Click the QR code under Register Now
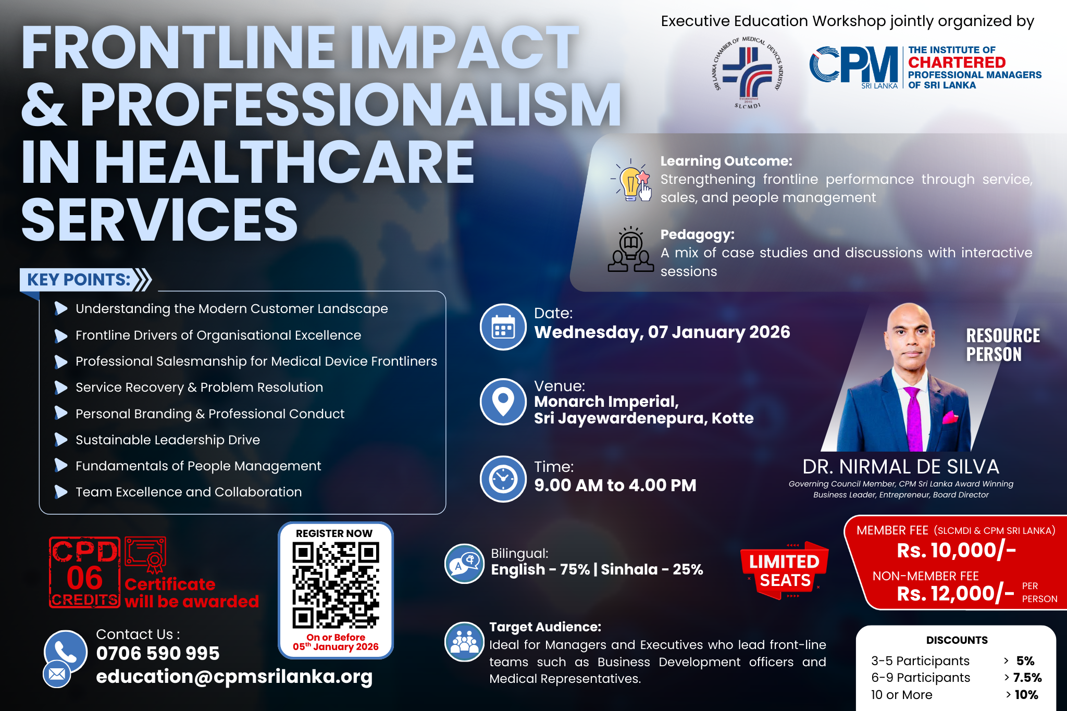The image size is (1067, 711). [336, 585]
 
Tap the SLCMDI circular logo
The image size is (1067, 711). [748, 72]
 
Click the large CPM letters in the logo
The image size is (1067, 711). [853, 65]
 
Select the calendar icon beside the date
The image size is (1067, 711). [503, 327]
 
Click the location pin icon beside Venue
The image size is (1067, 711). [503, 402]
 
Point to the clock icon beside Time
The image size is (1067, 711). [503, 479]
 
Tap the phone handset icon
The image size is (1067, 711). [66, 651]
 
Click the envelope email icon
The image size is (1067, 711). [57, 674]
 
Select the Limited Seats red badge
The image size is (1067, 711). [785, 570]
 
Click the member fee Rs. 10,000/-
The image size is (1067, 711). [956, 551]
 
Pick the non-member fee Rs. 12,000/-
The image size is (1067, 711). [956, 593]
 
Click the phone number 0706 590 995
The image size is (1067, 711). [158, 653]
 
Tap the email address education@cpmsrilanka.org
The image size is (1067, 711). [234, 677]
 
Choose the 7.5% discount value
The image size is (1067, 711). [1027, 678]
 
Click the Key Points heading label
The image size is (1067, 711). [79, 280]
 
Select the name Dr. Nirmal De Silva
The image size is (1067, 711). [900, 467]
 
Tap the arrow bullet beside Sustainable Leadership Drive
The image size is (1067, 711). [61, 440]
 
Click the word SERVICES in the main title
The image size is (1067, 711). [159, 220]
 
